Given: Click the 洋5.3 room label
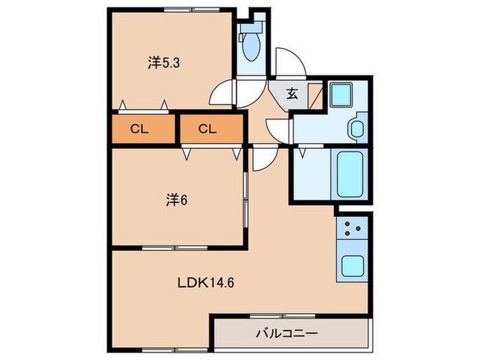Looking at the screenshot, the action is (x=164, y=63).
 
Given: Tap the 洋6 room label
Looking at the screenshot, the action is (x=177, y=200).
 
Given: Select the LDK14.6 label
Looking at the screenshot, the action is (x=206, y=283).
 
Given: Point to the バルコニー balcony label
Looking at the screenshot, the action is (x=287, y=333).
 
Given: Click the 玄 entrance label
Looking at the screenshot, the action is (x=292, y=94).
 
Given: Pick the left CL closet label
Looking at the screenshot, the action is (x=140, y=129).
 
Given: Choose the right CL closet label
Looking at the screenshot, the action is (x=208, y=129).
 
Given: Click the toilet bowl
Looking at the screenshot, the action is (x=251, y=47).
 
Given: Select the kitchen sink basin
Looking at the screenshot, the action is (x=352, y=266).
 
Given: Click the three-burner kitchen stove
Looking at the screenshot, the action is (x=352, y=228).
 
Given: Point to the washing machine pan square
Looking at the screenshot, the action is (x=341, y=95).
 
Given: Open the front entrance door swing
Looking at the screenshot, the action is (x=290, y=63).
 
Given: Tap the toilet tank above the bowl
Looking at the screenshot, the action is (x=252, y=27).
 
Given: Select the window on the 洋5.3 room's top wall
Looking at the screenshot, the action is (x=191, y=10).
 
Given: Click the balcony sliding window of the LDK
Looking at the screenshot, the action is (x=283, y=316).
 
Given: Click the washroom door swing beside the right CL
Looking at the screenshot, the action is (x=278, y=131).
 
